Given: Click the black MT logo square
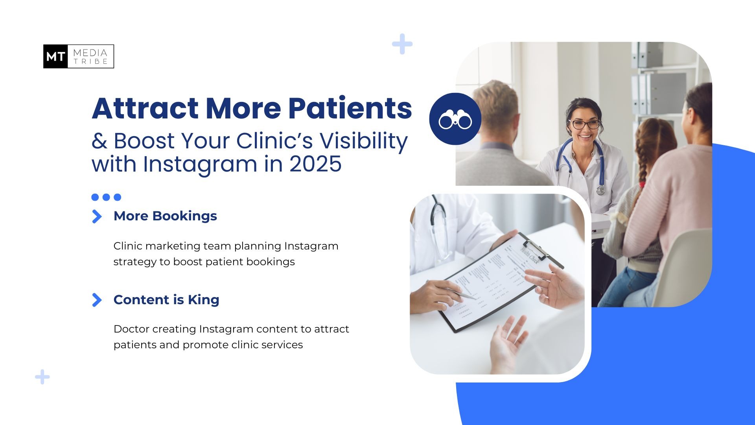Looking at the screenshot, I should pos(55,56).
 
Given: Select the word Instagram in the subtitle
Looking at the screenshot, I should pos(200,164).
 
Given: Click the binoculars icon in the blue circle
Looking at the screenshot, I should pos(455,120).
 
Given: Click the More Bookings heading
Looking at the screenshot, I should pos(165,216).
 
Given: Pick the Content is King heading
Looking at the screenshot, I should pos(166,299).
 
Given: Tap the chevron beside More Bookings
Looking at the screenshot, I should pos(96,216).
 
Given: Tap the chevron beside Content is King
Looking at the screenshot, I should pos(96,300).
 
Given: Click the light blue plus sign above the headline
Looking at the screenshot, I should pos(402,44).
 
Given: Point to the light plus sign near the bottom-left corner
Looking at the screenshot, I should pos(42,377).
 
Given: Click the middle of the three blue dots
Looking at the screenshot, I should pos(106,197).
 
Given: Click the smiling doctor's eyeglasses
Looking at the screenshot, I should pos(585,124).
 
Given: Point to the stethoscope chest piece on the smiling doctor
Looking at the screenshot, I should pos(600,190).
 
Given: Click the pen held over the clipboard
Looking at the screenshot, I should pos(456,290).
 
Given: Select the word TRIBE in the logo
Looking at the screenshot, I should pos(91,61).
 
